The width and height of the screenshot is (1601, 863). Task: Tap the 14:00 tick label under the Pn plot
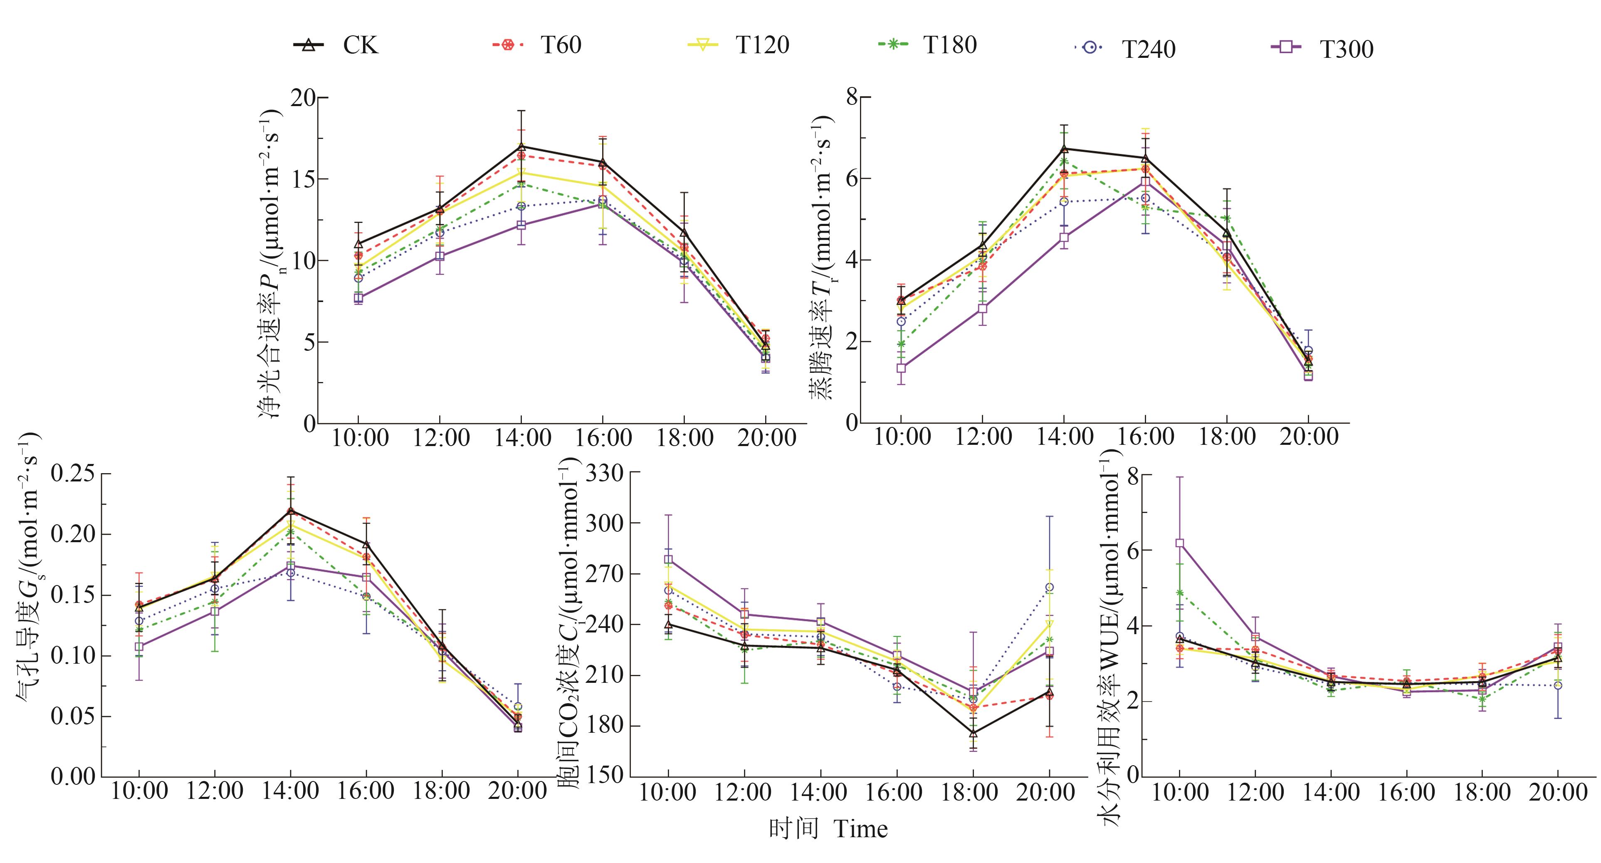click(522, 438)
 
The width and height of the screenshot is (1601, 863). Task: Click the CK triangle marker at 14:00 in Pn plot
click(521, 147)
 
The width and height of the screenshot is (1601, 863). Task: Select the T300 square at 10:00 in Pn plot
click(358, 298)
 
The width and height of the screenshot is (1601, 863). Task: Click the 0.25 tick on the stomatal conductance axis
click(73, 474)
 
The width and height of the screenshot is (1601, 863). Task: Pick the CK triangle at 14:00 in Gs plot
click(290, 511)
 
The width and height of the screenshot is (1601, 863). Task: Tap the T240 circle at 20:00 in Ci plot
click(1049, 587)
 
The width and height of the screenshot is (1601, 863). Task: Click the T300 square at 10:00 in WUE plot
click(1179, 543)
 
